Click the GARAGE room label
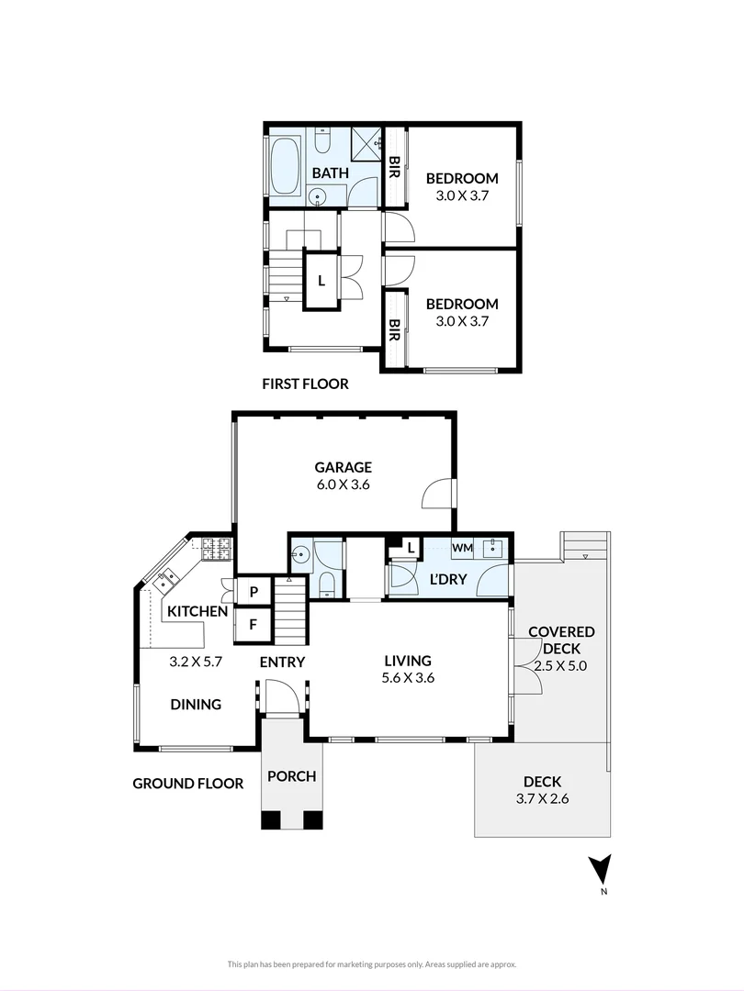tap(343, 467)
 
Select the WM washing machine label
tap(462, 548)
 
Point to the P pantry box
tap(254, 592)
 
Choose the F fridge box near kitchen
tap(254, 625)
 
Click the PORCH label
tap(292, 776)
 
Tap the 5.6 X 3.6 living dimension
tap(408, 678)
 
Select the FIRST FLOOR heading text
tap(306, 384)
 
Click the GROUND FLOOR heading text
tap(188, 784)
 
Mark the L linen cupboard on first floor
tap(321, 281)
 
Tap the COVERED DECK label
tap(561, 640)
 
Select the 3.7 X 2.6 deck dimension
tap(542, 799)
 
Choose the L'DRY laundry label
tap(448, 579)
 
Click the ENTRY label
tap(282, 662)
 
